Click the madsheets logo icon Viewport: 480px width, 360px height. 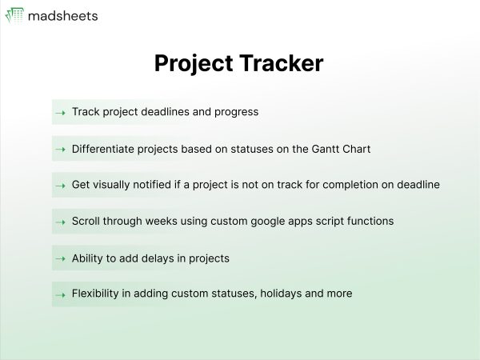click(14, 15)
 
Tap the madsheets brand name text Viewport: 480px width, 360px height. click(62, 16)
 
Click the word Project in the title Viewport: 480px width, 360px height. click(194, 64)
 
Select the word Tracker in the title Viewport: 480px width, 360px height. click(281, 63)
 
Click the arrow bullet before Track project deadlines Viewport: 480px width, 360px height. click(60, 113)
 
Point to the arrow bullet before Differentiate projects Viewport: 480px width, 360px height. click(60, 150)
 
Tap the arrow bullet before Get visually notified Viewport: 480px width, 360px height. click(60, 186)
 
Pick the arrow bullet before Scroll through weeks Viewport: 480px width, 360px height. click(60, 222)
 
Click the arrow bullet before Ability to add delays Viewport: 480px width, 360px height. click(60, 258)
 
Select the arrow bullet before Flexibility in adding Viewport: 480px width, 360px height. click(60, 295)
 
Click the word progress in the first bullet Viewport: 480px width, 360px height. click(236, 112)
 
